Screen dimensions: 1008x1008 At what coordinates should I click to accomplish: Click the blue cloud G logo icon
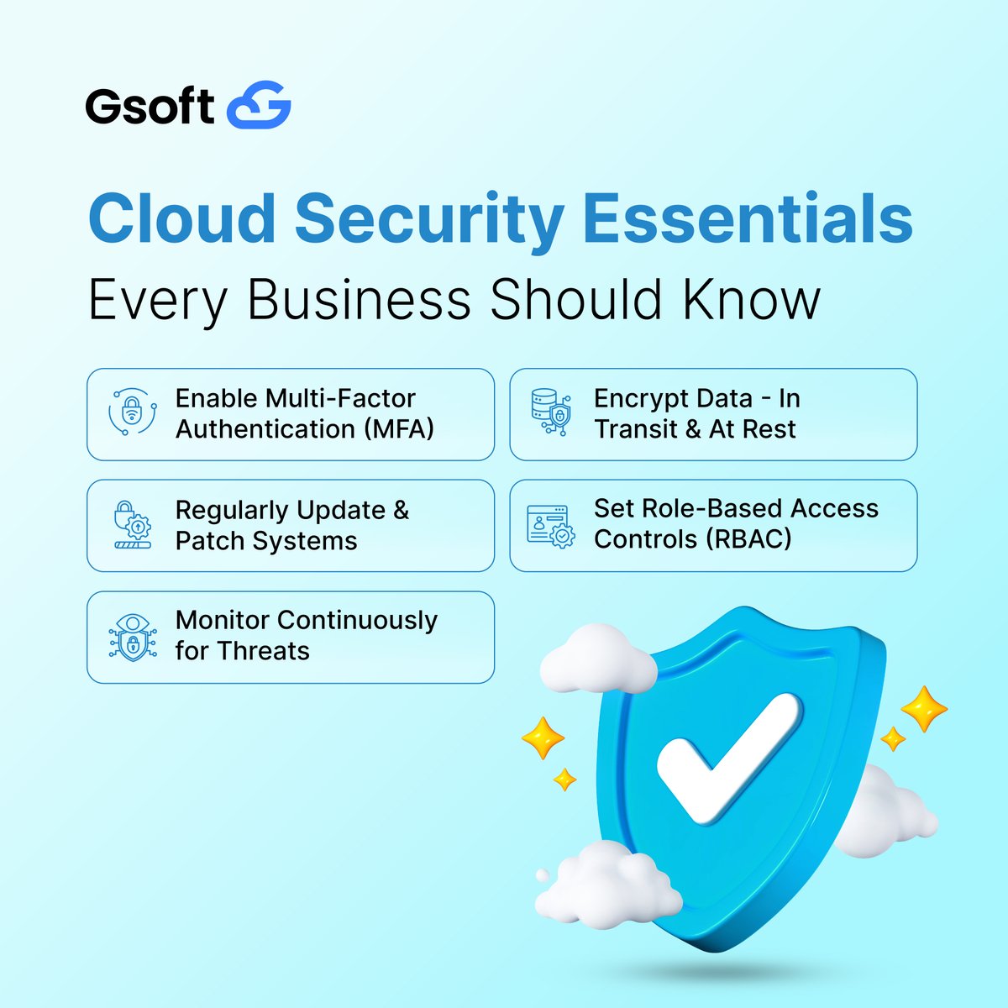click(x=260, y=105)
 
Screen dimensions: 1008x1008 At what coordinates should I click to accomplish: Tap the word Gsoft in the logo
click(x=150, y=107)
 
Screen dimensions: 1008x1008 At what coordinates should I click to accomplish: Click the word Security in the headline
click(x=428, y=218)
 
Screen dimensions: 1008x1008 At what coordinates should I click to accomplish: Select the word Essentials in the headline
click(x=748, y=218)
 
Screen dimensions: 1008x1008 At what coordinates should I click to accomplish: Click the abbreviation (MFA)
click(x=399, y=429)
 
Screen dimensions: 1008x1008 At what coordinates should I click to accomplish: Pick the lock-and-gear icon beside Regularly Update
click(x=132, y=525)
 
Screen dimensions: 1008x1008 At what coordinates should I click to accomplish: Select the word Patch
click(x=210, y=541)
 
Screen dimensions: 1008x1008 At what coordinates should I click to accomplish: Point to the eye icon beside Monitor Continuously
click(x=132, y=637)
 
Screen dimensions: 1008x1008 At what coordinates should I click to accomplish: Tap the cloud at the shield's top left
click(x=597, y=660)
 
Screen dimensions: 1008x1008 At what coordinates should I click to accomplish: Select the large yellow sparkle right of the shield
click(x=924, y=708)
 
